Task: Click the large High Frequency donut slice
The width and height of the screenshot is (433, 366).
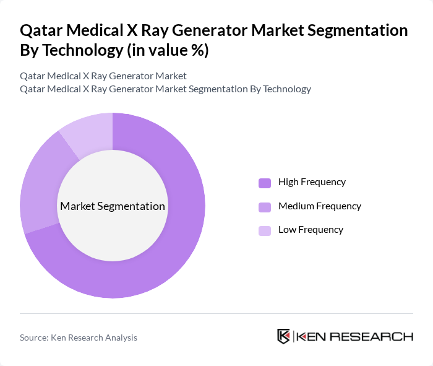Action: click(179, 248)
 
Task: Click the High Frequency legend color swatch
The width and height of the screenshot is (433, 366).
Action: click(265, 183)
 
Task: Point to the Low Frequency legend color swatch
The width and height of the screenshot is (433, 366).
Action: click(265, 230)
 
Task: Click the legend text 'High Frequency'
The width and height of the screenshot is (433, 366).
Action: click(312, 182)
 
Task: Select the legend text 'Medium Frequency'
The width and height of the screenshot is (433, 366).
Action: click(320, 206)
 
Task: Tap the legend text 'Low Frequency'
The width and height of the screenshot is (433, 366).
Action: click(311, 230)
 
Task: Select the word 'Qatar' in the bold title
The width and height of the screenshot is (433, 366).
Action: click(40, 31)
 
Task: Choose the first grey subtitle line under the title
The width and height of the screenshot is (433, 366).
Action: click(103, 76)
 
